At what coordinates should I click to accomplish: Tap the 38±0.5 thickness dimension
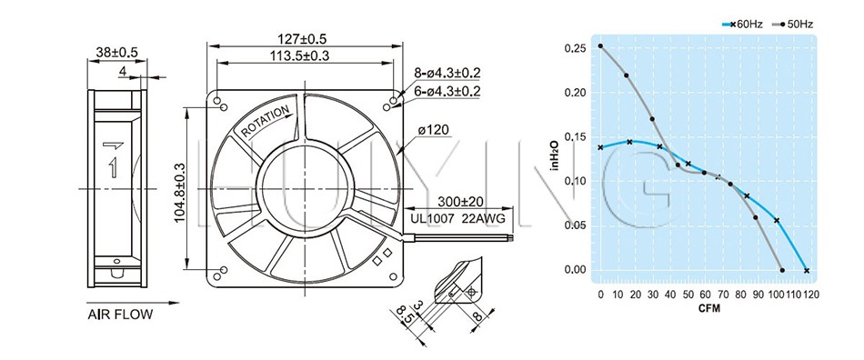(x=116, y=53)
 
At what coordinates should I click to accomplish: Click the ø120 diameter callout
(x=434, y=130)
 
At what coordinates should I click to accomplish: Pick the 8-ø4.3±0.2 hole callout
(x=448, y=74)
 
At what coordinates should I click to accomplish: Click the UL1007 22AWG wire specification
(x=457, y=218)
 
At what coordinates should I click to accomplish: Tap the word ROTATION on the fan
(x=265, y=121)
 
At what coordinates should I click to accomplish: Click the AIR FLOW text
(x=120, y=315)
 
